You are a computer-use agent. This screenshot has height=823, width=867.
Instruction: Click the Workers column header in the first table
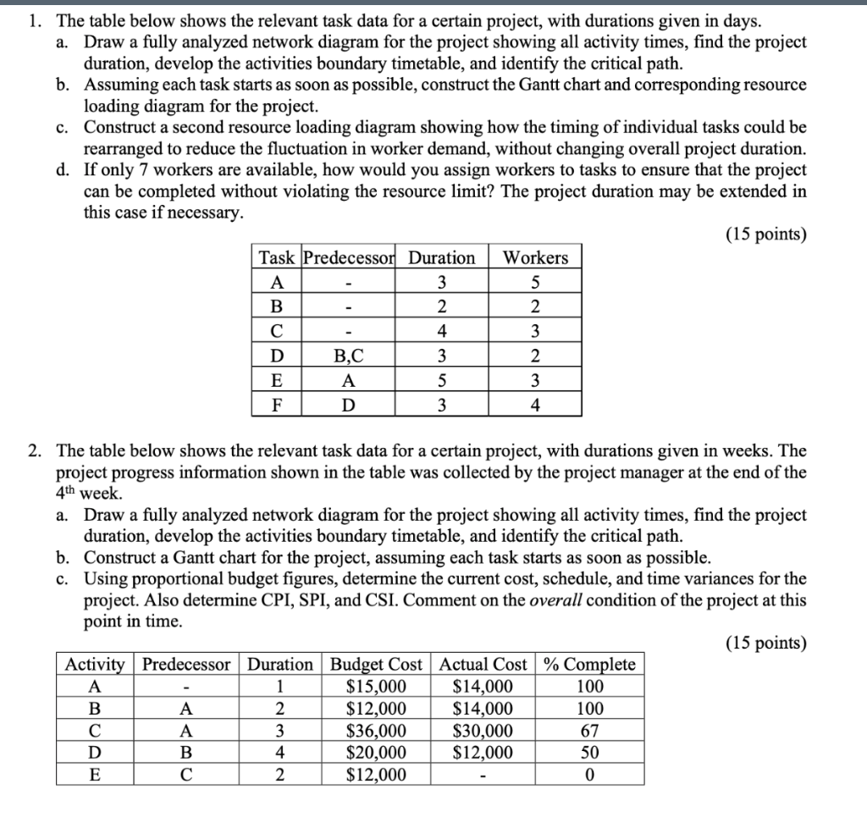(535, 257)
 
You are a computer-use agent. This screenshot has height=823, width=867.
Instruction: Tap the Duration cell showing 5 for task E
(441, 380)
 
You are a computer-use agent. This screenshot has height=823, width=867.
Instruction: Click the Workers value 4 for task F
(535, 405)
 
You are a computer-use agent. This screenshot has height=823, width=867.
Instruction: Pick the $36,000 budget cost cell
(378, 731)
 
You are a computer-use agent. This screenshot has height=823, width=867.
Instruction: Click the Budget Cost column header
(378, 665)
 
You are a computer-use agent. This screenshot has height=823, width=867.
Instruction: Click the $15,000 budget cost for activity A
(378, 687)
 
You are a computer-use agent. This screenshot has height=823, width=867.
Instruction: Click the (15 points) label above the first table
(765, 234)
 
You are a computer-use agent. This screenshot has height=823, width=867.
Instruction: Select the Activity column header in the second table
(95, 665)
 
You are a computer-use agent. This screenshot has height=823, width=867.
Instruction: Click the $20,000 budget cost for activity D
(378, 753)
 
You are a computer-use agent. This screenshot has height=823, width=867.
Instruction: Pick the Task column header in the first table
(276, 257)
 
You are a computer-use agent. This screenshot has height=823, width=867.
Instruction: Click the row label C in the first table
(276, 331)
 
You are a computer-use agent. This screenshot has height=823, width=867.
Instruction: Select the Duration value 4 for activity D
(279, 753)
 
